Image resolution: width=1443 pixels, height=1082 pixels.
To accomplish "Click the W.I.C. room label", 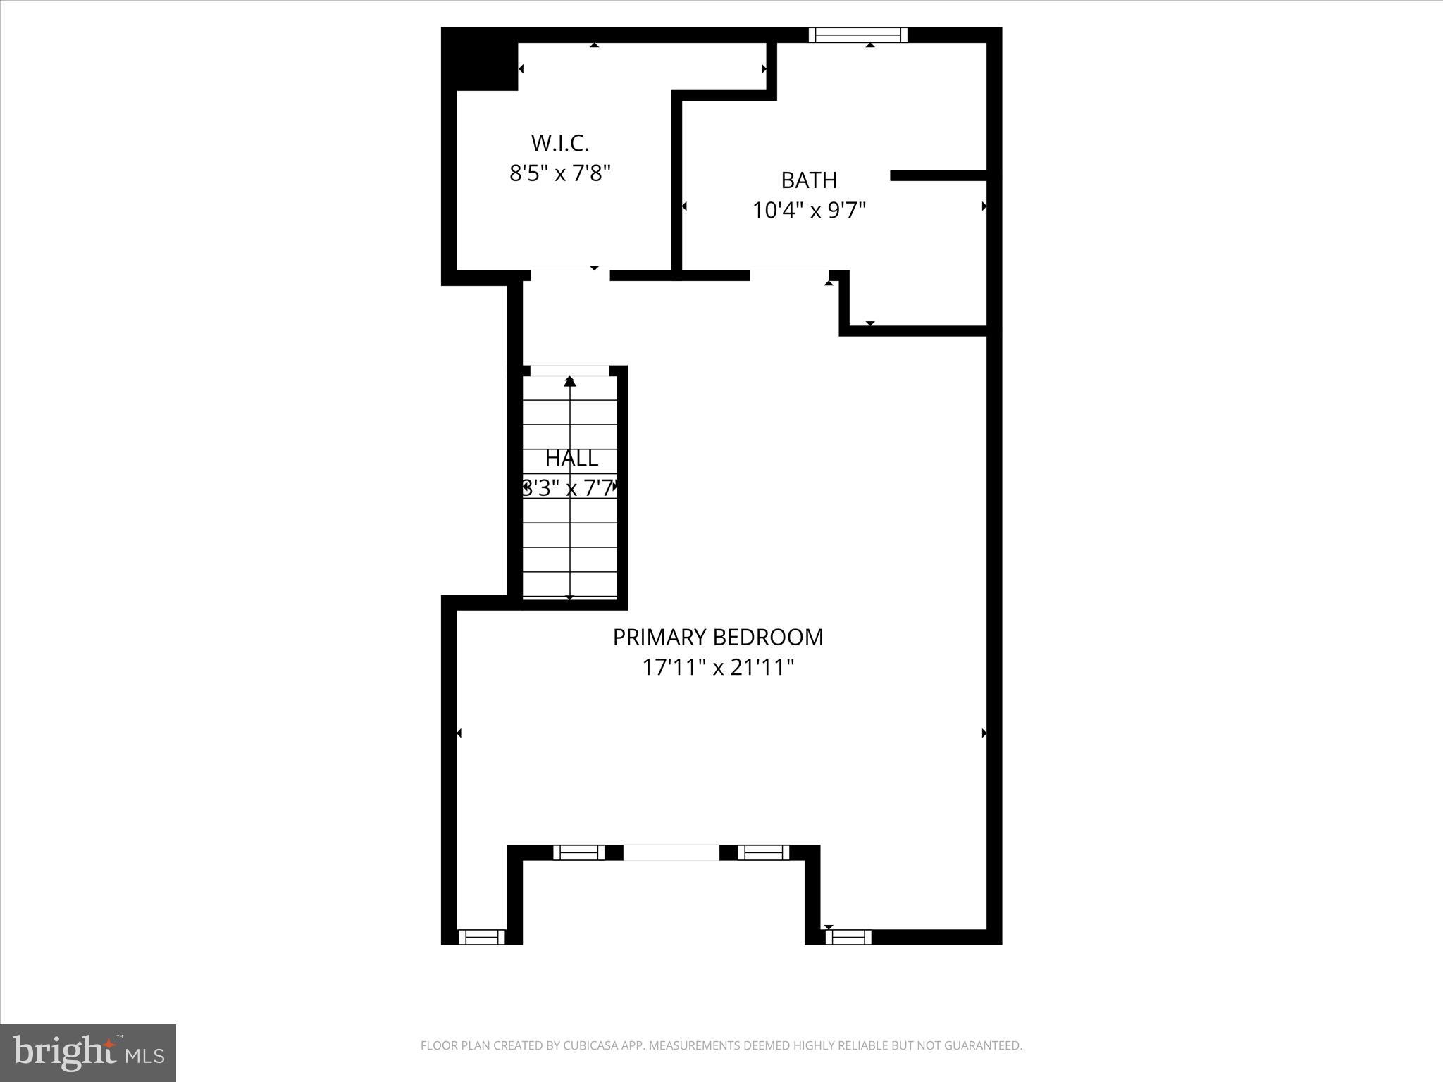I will click(x=559, y=143).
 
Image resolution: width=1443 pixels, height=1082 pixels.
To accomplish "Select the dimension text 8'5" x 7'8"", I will click(x=559, y=173).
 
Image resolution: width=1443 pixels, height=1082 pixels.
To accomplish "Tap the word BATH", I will click(x=809, y=180).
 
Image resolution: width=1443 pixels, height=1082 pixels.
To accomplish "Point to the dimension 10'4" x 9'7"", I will click(x=809, y=211).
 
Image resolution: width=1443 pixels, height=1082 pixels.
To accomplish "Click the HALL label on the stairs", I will click(x=571, y=459).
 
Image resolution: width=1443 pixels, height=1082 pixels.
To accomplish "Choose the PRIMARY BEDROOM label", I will click(x=717, y=638).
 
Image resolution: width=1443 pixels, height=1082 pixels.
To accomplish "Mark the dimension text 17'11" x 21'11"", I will click(x=717, y=667).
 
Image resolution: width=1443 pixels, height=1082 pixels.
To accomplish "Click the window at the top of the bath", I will click(x=857, y=35).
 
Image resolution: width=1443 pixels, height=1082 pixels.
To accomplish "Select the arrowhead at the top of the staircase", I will click(x=570, y=382).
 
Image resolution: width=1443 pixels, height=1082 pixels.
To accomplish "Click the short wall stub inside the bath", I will click(x=937, y=175).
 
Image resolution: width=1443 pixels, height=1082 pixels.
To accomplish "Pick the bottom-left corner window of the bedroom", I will click(x=482, y=937).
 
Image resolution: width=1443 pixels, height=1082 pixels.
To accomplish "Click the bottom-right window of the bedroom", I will click(x=848, y=937).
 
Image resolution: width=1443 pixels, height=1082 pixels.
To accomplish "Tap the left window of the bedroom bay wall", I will click(x=578, y=852).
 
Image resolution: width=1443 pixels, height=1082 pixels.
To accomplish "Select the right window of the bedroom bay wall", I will click(x=764, y=852).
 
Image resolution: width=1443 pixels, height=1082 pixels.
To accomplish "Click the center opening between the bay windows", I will click(x=671, y=852).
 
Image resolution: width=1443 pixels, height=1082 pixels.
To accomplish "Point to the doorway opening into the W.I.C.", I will click(x=570, y=275).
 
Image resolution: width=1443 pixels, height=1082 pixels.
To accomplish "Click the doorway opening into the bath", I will click(x=788, y=275).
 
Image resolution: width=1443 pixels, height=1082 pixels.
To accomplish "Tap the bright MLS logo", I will click(x=88, y=1052).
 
